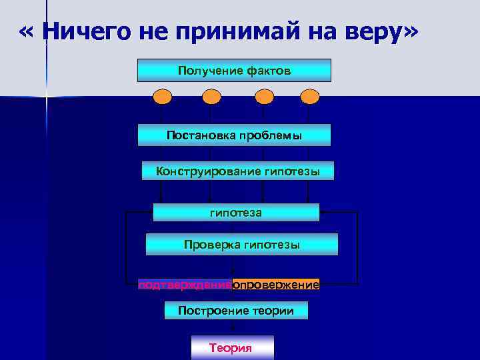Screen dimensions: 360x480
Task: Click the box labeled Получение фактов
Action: pos(234,70)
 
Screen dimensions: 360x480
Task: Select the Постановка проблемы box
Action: pos(234,135)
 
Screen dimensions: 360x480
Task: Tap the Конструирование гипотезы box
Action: pos(238,171)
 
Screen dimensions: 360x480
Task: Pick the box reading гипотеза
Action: pos(236,212)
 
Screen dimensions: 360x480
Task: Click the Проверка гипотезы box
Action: pos(241,245)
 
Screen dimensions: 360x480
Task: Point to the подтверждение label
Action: pos(185,285)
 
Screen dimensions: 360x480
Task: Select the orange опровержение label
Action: pos(276,285)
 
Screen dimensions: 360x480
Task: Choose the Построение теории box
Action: pos(236,310)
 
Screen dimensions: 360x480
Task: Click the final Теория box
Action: pos(232,348)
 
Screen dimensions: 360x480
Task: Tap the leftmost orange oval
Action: pos(163,97)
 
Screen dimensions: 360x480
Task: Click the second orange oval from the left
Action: pos(211,97)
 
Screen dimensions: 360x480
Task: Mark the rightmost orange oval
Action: pos(309,97)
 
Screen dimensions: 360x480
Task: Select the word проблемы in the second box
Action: pos(269,135)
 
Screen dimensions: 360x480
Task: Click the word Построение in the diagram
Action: pos(205,310)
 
